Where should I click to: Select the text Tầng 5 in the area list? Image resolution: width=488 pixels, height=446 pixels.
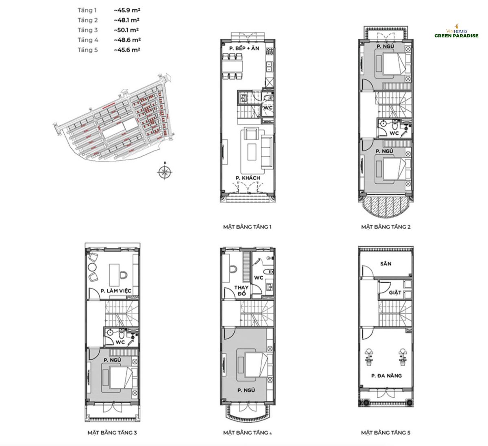click(x=88, y=50)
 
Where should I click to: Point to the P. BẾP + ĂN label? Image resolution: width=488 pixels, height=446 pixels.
click(x=244, y=48)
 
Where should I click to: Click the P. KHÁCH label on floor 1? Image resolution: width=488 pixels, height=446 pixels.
click(x=248, y=178)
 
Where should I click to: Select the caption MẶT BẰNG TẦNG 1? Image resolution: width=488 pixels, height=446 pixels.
click(x=247, y=227)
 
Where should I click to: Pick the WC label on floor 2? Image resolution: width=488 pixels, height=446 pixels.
click(x=394, y=133)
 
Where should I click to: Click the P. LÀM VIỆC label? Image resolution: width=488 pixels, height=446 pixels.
click(x=116, y=291)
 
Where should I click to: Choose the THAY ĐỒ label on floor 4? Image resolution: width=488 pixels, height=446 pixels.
click(x=241, y=291)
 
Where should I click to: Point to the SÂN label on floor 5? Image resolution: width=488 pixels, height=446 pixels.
click(x=386, y=264)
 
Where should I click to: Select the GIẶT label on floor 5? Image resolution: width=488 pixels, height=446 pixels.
click(x=395, y=292)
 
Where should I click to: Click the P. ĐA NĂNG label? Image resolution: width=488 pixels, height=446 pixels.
click(x=386, y=376)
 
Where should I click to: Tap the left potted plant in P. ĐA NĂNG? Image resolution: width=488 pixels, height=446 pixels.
click(x=370, y=354)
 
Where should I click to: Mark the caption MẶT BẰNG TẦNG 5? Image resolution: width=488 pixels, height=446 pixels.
click(x=386, y=433)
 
